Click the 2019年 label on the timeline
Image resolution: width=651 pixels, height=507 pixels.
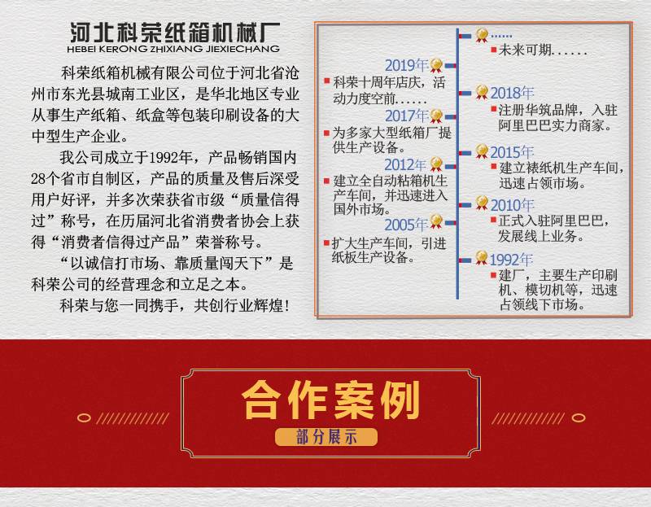pyautogui.click(x=406, y=65)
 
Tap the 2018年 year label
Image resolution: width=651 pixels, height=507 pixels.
pyautogui.click(x=512, y=93)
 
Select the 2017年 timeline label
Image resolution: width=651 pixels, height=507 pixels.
pyautogui.click(x=406, y=116)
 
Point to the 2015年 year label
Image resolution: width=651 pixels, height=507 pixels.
pyautogui.click(x=512, y=152)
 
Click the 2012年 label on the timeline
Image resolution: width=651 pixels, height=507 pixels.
pyautogui.click(x=405, y=165)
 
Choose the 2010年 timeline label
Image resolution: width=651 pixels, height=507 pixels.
pyautogui.click(x=512, y=205)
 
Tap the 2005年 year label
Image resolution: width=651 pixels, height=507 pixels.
pyautogui.click(x=405, y=225)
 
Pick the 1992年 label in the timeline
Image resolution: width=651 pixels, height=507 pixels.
pyautogui.click(x=511, y=260)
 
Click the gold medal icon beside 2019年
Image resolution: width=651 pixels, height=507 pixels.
pyautogui.click(x=436, y=66)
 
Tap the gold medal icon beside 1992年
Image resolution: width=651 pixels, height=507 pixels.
pyautogui.click(x=482, y=258)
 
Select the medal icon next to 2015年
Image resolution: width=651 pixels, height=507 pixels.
pyautogui.click(x=482, y=151)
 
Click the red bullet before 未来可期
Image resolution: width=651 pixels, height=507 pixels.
pyautogui.click(x=493, y=50)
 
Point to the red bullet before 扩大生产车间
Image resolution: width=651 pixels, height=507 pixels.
pyautogui.click(x=327, y=243)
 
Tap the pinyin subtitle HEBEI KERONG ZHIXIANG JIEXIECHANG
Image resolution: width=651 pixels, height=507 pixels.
pyautogui.click(x=173, y=49)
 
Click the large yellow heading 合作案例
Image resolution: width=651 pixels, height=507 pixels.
pyautogui.click(x=330, y=400)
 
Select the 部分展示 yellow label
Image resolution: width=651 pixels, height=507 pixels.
pyautogui.click(x=326, y=437)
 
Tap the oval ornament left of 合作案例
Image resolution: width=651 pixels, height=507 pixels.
pyautogui.click(x=84, y=417)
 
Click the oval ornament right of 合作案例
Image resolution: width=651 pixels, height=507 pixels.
pyautogui.click(x=579, y=417)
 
